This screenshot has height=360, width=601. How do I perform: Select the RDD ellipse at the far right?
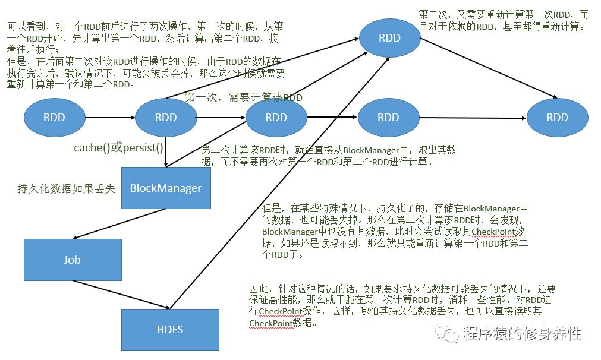pos(557,117)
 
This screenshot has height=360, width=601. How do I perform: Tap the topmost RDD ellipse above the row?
pos(389,38)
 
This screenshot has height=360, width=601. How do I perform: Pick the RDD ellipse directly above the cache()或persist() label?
pos(166,117)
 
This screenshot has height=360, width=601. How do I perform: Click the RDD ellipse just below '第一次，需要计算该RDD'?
pos(276,117)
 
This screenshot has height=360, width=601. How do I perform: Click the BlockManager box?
pos(166,188)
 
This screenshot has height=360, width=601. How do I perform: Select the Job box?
pos(73,260)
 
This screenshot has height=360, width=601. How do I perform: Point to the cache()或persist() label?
pos(118,148)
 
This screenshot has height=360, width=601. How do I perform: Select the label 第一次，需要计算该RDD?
pos(244,97)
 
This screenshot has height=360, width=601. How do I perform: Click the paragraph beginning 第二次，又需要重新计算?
pos(502,20)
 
